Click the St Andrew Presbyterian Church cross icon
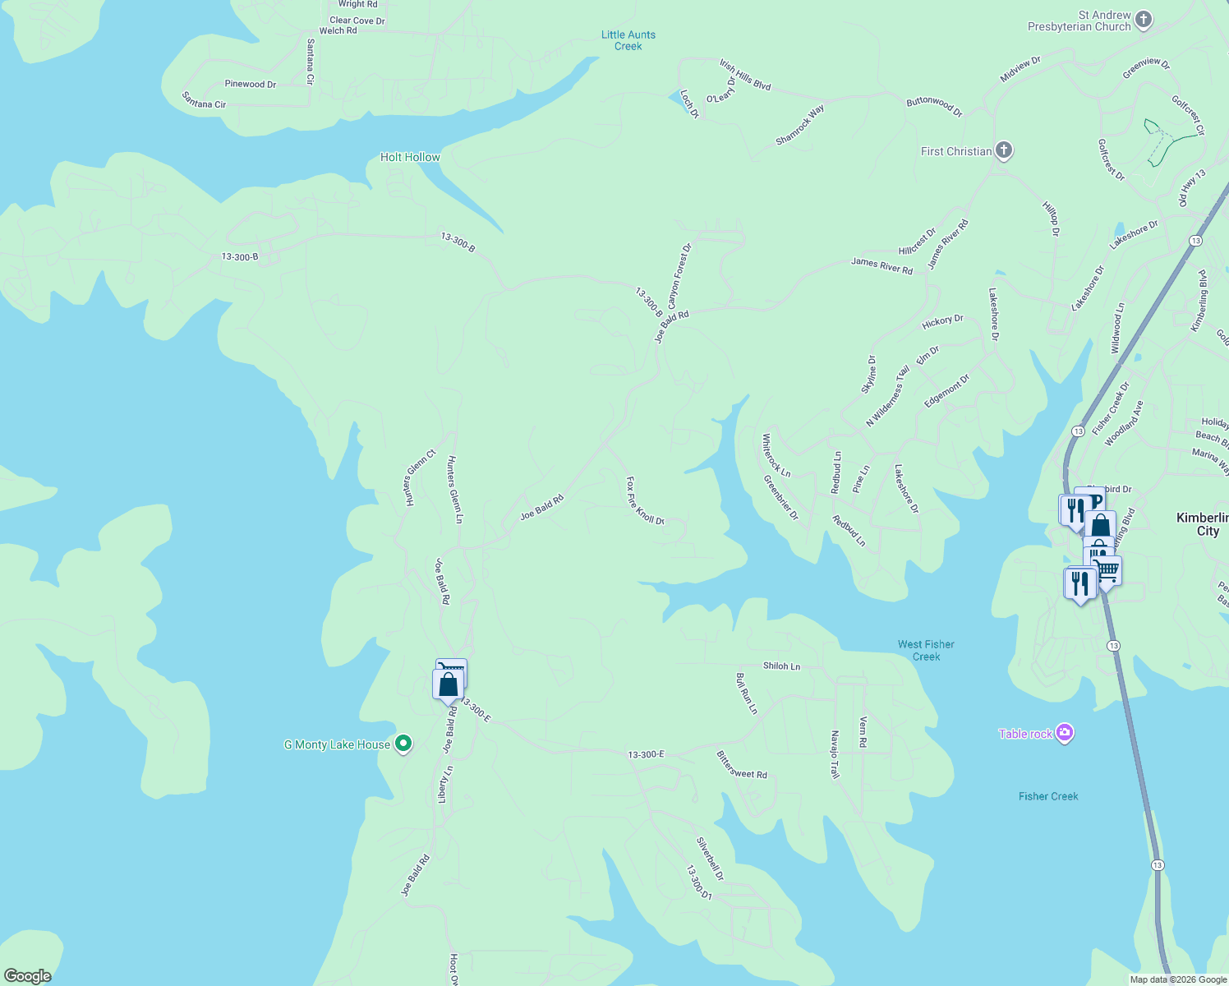(1144, 21)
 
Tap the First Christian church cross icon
(1003, 150)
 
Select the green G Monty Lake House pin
(403, 744)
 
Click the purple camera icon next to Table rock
(1065, 733)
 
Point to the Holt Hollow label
(410, 157)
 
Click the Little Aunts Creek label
(628, 40)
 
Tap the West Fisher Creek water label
(926, 650)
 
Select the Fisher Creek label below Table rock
(1048, 796)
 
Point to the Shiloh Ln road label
(781, 666)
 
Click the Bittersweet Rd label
(742, 765)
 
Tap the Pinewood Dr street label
(251, 84)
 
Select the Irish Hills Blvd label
(745, 75)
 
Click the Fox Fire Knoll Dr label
(645, 500)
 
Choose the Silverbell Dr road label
(710, 859)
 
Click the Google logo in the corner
(28, 975)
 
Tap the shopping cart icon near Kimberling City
(1107, 569)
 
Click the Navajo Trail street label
(835, 754)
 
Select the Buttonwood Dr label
(934, 106)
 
